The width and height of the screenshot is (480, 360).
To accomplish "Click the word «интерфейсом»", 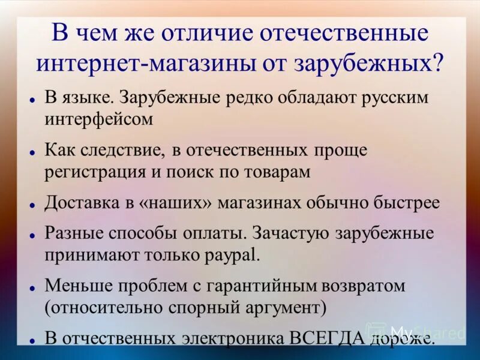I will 99,118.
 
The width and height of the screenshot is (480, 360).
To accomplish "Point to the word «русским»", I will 391,98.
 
